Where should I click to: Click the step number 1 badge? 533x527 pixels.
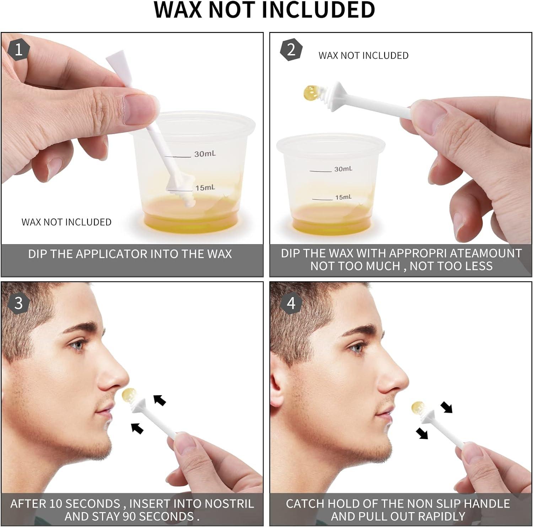pyautogui.click(x=18, y=49)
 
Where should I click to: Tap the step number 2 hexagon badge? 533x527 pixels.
pyautogui.click(x=291, y=50)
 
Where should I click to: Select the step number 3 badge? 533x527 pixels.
pyautogui.click(x=18, y=303)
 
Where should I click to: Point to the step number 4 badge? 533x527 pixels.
pyautogui.click(x=291, y=303)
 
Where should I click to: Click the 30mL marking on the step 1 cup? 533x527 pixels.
pyautogui.click(x=205, y=154)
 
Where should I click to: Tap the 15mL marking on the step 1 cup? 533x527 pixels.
pyautogui.click(x=205, y=187)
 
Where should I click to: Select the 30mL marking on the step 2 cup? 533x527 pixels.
pyautogui.click(x=343, y=169)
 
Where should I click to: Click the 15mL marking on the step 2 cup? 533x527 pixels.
pyautogui.click(x=343, y=197)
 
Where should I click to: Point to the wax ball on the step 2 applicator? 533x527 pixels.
pyautogui.click(x=310, y=92)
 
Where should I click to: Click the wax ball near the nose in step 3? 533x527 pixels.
pyautogui.click(x=129, y=395)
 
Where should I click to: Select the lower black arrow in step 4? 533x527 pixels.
pyautogui.click(x=422, y=433)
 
